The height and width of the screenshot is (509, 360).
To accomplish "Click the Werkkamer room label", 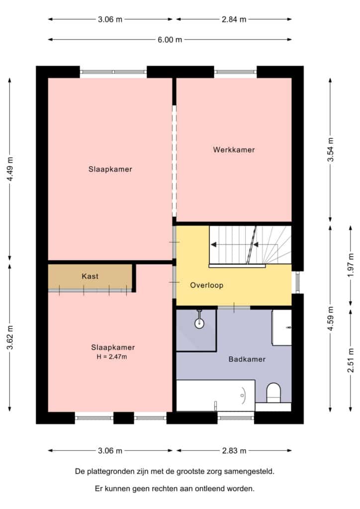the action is coord(234,150).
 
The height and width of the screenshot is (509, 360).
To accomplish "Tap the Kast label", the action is coord(90,276).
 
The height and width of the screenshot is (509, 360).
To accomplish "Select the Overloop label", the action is coord(206,285).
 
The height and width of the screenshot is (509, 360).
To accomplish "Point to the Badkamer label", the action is coord(247,359).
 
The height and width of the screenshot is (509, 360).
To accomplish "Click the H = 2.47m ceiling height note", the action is coord(112,357).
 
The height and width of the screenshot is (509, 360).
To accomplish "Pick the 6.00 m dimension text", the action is coord(170,40).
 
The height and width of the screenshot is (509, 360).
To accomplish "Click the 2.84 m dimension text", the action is coord(234,19).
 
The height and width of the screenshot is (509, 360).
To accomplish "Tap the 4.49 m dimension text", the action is coord(10,170).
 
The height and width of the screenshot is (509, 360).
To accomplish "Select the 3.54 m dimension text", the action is coord(331,150).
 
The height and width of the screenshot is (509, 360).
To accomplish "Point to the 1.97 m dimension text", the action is coord(351,265).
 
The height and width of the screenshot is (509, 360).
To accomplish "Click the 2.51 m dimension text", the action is coord(351,360).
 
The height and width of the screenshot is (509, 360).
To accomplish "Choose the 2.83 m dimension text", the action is coord(234,450).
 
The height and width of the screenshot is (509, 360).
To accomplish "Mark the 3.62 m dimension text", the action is coord(10,338).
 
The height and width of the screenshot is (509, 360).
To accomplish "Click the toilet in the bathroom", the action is coord(273,393).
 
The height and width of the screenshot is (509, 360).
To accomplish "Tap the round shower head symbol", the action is coord(199,323).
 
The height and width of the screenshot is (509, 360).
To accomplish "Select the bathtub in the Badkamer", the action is coord(215,395).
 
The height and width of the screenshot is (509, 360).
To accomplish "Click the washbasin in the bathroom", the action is coord(281,328).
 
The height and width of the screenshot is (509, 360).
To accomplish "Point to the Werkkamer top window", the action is coord(235,72).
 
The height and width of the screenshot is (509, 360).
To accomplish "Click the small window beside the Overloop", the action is coord(297,282).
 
